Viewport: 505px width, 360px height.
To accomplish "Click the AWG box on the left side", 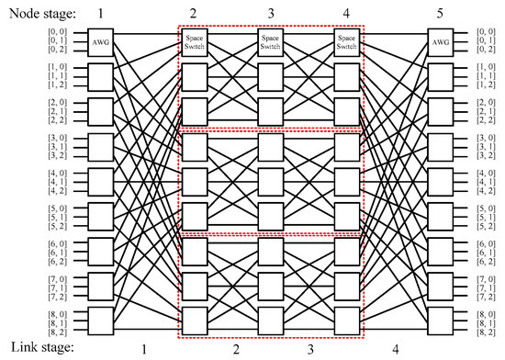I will coord(102,41).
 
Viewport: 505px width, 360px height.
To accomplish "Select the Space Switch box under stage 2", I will coord(193,41).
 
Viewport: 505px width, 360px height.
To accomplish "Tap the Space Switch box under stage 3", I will coord(270,41).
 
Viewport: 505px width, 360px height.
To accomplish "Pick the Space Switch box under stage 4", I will coord(348,41).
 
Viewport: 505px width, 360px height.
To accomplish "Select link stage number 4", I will coord(395,349).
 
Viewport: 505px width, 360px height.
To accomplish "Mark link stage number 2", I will coord(235,349).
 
